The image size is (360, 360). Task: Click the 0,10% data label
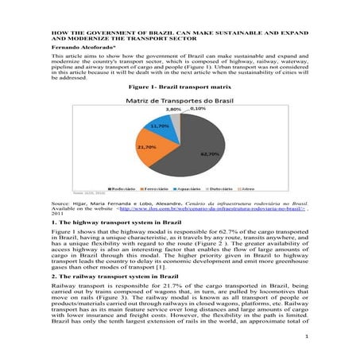click(x=187, y=109)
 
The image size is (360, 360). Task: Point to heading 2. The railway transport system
click(x=112, y=285)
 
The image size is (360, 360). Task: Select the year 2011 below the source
click(x=57, y=214)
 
